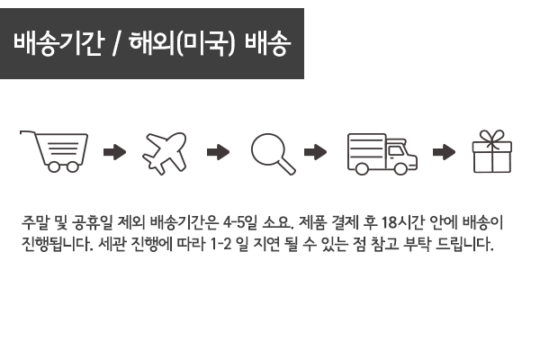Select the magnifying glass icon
pos(273,150)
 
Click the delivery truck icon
pos(382,150)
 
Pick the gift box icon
pos(491,151)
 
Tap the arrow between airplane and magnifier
pos(219,151)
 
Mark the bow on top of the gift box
pos(491,137)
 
